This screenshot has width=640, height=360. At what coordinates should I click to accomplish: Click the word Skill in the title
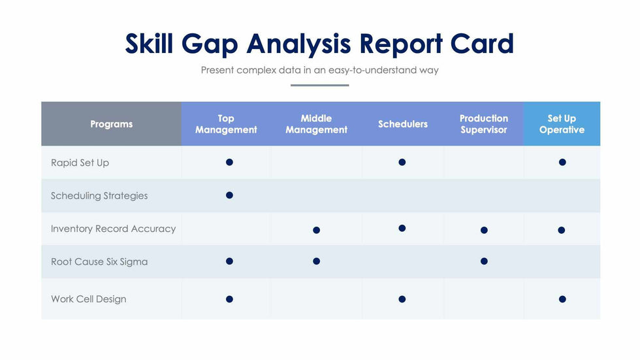(x=149, y=44)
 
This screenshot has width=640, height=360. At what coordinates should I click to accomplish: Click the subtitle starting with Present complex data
(x=319, y=70)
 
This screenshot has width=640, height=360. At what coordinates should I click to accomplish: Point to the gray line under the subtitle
(x=319, y=85)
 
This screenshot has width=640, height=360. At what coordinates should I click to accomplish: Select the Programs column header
(x=111, y=124)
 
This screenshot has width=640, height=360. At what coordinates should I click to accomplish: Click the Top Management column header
(x=226, y=124)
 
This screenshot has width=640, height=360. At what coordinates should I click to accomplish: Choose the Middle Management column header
(x=316, y=124)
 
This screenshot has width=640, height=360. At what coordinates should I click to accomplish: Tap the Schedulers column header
(x=403, y=124)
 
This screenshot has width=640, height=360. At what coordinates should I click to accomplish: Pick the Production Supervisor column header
(x=483, y=124)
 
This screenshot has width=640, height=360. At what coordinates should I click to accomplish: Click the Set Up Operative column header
(x=562, y=124)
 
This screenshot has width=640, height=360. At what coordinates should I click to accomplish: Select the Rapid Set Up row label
(x=80, y=163)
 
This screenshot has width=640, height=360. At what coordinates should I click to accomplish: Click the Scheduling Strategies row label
(x=99, y=195)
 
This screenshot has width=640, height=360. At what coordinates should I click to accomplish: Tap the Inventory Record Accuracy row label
(x=113, y=229)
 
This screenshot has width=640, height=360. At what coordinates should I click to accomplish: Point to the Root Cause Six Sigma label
(x=99, y=261)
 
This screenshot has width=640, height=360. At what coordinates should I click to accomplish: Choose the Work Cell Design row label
(x=88, y=299)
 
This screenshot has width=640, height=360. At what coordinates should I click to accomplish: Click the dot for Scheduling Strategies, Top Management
(x=229, y=195)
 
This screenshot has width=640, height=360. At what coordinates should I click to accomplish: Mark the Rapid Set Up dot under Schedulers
(x=402, y=162)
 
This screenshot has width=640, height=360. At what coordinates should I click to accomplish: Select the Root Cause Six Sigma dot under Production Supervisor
(x=484, y=261)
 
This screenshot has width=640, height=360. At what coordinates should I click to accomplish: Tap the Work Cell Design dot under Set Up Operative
(x=562, y=299)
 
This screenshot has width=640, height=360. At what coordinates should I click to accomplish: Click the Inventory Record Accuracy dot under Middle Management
(x=316, y=230)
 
